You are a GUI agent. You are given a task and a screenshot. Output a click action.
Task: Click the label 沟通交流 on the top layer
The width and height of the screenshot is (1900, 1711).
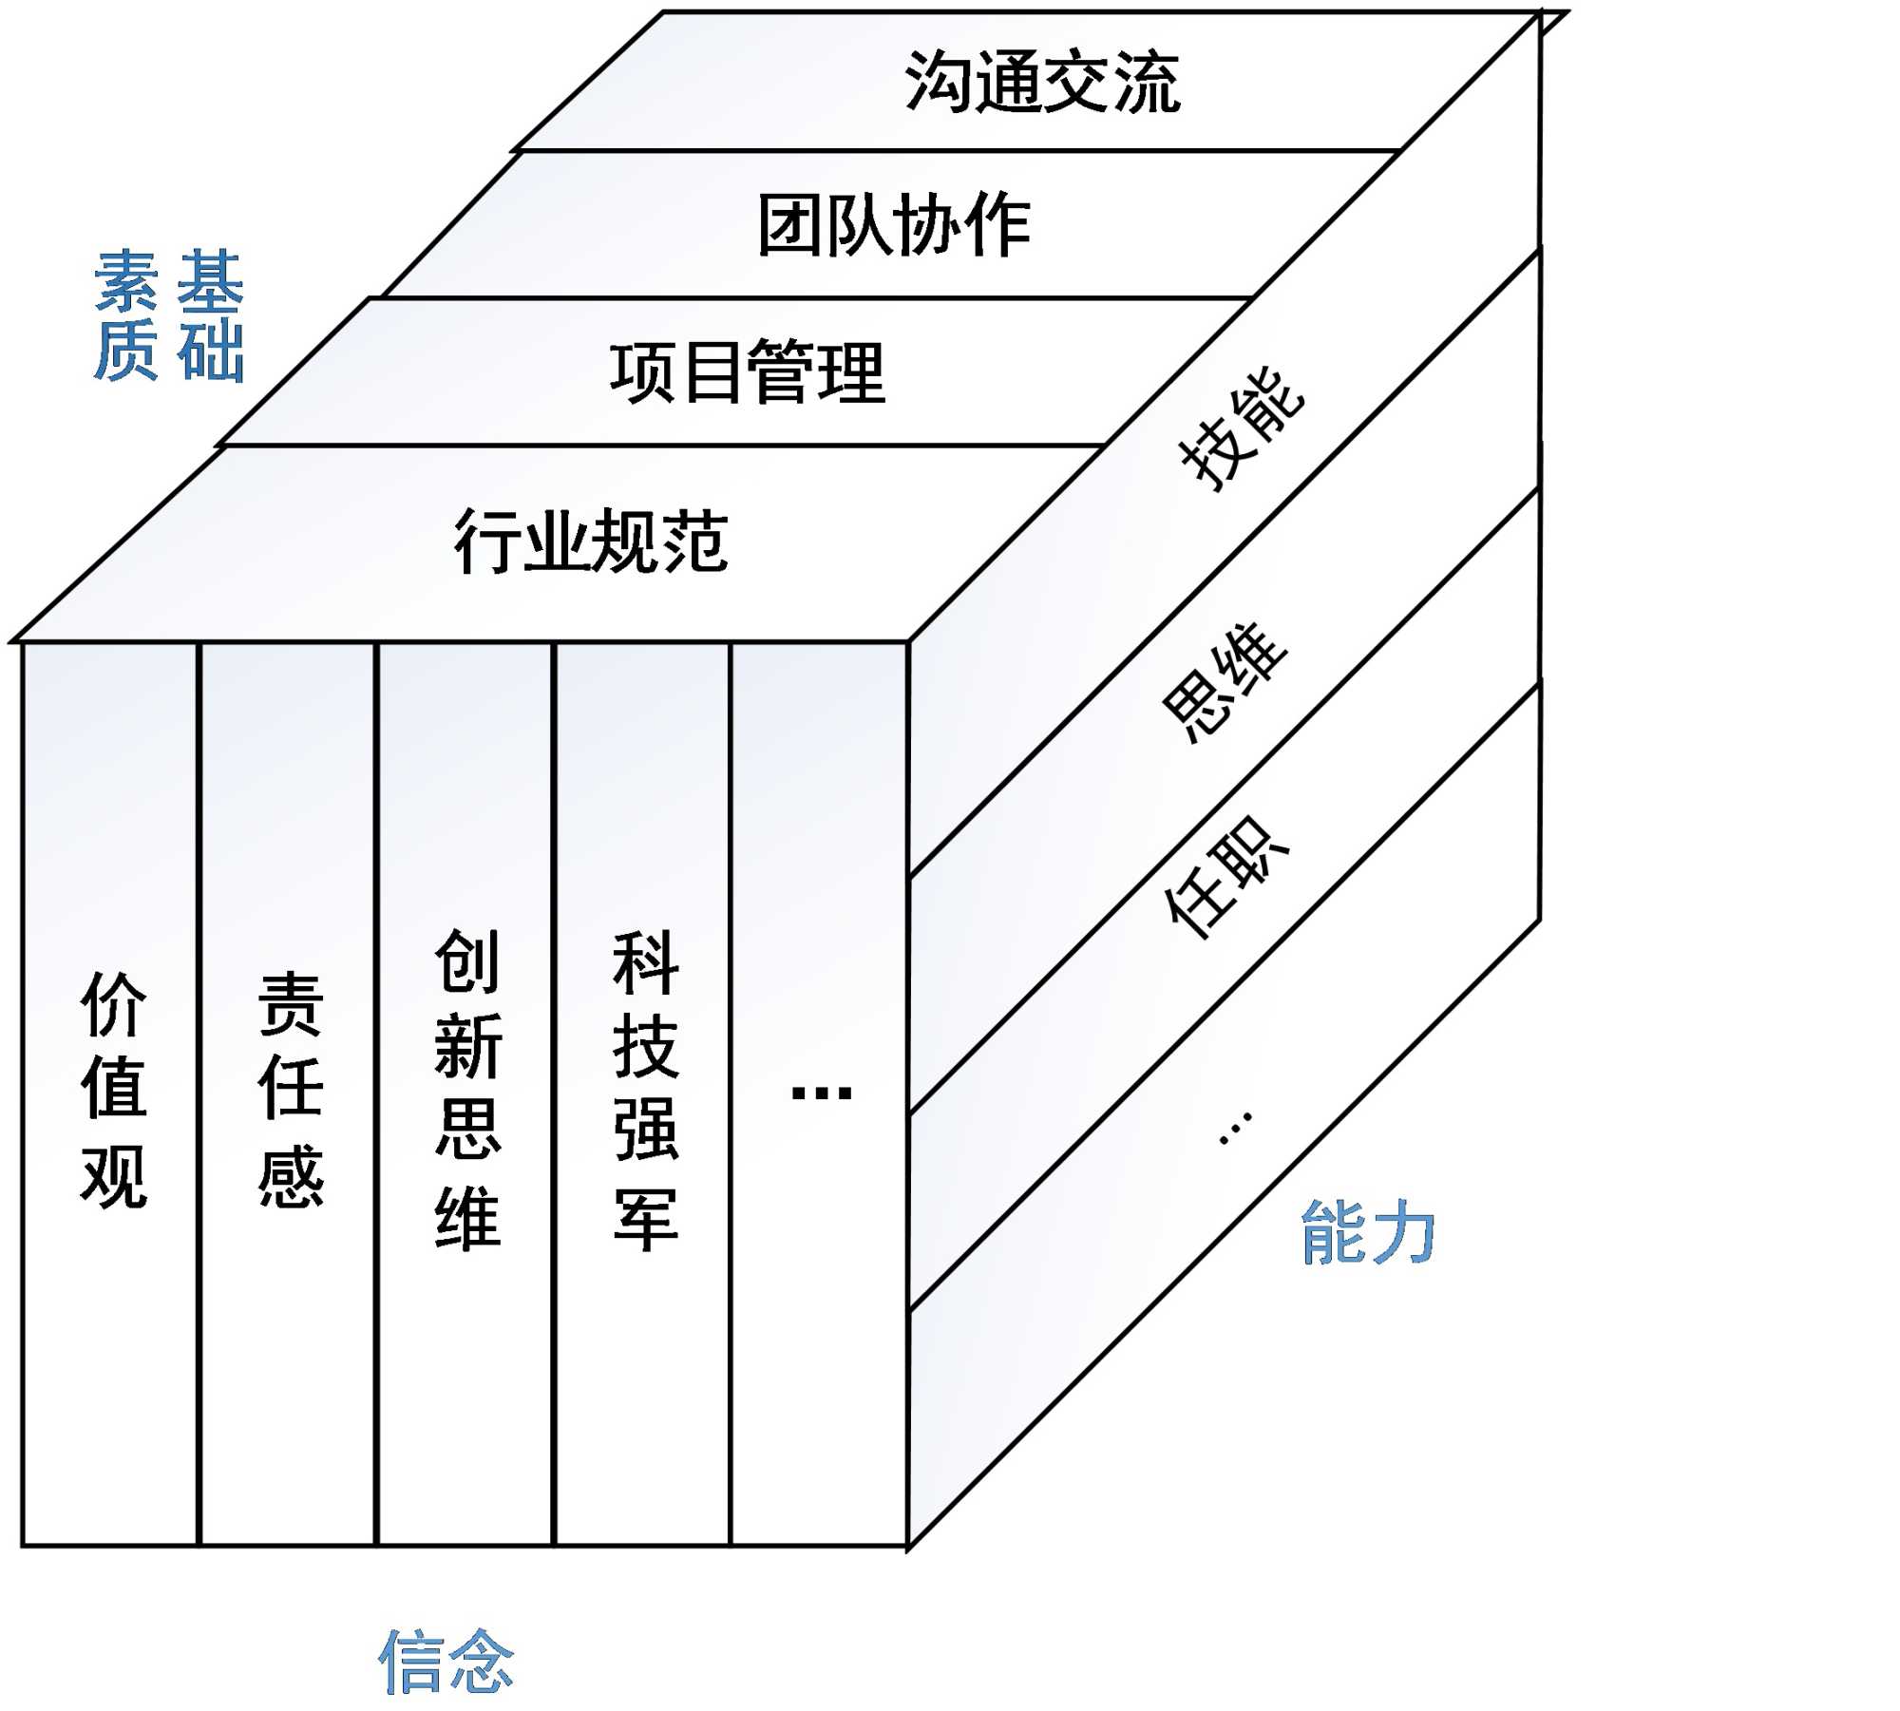[1042, 83]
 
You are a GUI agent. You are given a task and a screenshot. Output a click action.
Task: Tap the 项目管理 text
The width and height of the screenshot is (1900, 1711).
[748, 372]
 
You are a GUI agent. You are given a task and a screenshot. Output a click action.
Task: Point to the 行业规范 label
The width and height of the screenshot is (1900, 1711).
[591, 542]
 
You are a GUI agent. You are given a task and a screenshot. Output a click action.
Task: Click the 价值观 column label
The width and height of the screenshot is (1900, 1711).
[114, 1089]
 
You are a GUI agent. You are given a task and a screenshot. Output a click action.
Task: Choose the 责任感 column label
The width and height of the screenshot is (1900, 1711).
[291, 1089]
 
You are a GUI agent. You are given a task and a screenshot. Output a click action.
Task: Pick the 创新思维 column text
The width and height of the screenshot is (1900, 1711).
[467, 1089]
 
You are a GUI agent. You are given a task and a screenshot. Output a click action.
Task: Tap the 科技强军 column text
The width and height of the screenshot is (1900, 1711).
[646, 1089]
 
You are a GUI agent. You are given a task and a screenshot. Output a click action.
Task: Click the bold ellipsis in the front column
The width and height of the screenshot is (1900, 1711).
[822, 1093]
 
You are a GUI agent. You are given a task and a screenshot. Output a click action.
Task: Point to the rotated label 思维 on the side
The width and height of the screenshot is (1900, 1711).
[1225, 681]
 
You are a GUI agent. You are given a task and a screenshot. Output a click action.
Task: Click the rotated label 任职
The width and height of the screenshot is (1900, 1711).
[1226, 879]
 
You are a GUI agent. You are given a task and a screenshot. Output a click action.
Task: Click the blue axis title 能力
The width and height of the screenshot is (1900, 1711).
[1368, 1232]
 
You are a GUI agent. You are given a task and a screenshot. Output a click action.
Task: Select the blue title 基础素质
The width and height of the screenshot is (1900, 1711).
[169, 315]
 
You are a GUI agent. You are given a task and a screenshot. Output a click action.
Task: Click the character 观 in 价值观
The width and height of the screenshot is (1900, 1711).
[114, 1175]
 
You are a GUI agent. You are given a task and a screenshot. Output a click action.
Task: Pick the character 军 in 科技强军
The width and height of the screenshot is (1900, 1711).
[646, 1218]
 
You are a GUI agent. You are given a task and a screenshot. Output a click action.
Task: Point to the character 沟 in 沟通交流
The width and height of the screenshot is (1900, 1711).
[938, 83]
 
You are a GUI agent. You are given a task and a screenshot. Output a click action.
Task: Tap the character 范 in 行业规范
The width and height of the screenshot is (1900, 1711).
[695, 542]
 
